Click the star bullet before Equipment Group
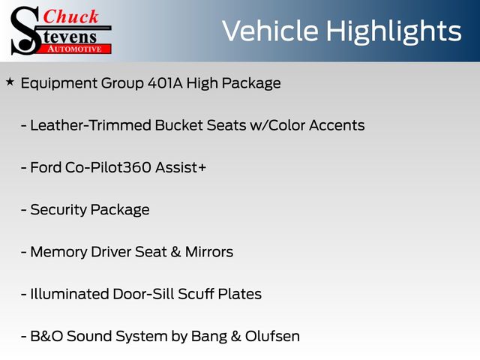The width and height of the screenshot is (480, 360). pyautogui.click(x=10, y=82)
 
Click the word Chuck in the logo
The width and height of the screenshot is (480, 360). pyautogui.click(x=70, y=16)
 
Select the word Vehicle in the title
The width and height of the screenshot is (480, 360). pyautogui.click(x=270, y=31)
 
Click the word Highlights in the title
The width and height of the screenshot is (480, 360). pyautogui.click(x=393, y=32)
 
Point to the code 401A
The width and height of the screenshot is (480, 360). pyautogui.click(x=165, y=83)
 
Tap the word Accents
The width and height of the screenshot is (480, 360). pyautogui.click(x=337, y=125)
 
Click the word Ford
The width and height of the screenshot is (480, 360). pyautogui.click(x=46, y=167)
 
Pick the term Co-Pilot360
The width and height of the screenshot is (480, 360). pyautogui.click(x=108, y=167)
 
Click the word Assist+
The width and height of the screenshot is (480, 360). pyautogui.click(x=181, y=167)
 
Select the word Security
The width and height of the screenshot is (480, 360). pyautogui.click(x=58, y=210)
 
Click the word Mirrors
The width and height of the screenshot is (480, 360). pyautogui.click(x=209, y=252)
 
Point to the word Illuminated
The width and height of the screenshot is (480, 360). pyautogui.click(x=70, y=294)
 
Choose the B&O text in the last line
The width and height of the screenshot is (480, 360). pyautogui.click(x=46, y=336)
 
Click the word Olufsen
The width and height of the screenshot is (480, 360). pyautogui.click(x=272, y=336)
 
